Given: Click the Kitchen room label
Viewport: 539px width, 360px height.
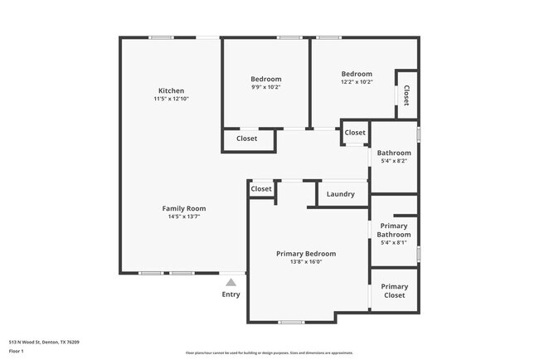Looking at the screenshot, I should pyautogui.click(x=172, y=90).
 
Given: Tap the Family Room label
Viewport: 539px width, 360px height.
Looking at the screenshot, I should pyautogui.click(x=183, y=208).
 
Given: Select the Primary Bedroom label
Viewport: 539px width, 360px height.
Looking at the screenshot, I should pyautogui.click(x=306, y=253).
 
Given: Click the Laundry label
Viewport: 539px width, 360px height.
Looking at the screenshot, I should pyautogui.click(x=341, y=194).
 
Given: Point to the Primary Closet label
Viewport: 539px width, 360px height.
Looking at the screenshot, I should pyautogui.click(x=394, y=290).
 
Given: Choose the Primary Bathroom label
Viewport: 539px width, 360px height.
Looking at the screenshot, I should pyautogui.click(x=394, y=230).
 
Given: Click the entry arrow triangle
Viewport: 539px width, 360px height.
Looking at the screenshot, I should pyautogui.click(x=231, y=282).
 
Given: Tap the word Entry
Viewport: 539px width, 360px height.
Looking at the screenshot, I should pyautogui.click(x=231, y=294).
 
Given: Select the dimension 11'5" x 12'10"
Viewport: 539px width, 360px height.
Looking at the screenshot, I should pyautogui.click(x=172, y=100).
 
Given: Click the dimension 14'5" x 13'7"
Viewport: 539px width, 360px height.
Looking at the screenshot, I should pyautogui.click(x=183, y=216).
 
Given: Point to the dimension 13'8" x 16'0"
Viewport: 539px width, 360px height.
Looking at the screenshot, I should pyautogui.click(x=306, y=262).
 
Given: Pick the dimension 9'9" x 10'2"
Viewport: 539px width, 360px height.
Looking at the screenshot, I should pyautogui.click(x=266, y=87).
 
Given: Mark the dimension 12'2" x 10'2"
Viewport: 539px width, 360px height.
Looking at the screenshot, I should pyautogui.click(x=357, y=81).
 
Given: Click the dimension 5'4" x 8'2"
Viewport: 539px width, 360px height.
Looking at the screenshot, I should pyautogui.click(x=394, y=161).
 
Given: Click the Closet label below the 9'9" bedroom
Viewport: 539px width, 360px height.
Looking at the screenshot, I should pyautogui.click(x=246, y=139).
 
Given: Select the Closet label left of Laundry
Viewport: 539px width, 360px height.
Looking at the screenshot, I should pyautogui.click(x=261, y=189).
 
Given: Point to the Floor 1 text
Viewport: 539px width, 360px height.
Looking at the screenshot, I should pyautogui.click(x=17, y=352).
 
